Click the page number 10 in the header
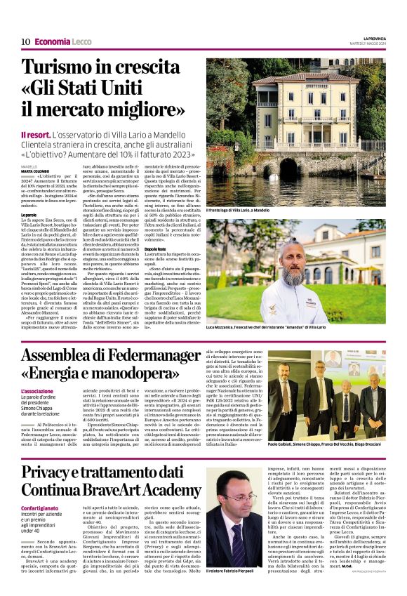25,41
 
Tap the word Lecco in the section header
83,41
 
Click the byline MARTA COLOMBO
35,171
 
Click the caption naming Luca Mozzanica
266,327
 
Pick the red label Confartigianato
39,508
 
